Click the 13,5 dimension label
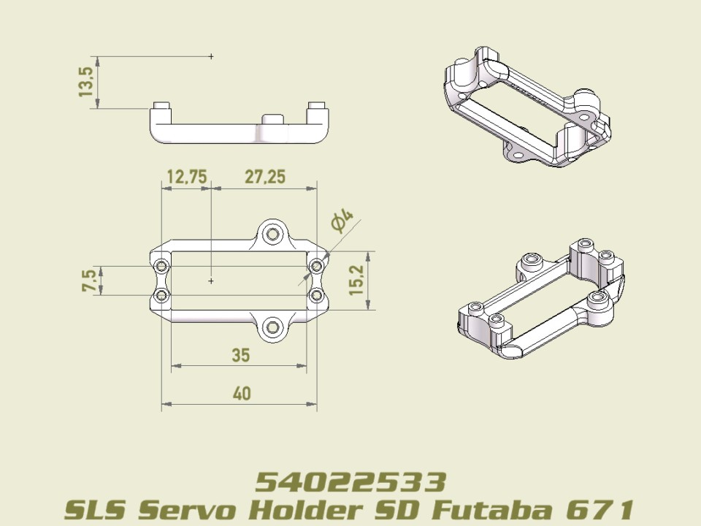pos(86,82)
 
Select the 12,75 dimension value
pos(187,176)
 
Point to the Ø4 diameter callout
pos(342,219)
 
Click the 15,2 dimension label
pos(357,281)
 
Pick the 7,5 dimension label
pos(89,281)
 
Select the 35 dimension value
pos(240,355)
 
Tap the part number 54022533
pos(350,482)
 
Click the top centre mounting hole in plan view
pos(273,235)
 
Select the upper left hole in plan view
pos(162,267)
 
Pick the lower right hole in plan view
pos(316,295)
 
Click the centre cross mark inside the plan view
pos(211,281)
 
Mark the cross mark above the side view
pos(211,56)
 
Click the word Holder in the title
pos(306,509)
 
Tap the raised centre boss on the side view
pos(272,119)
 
